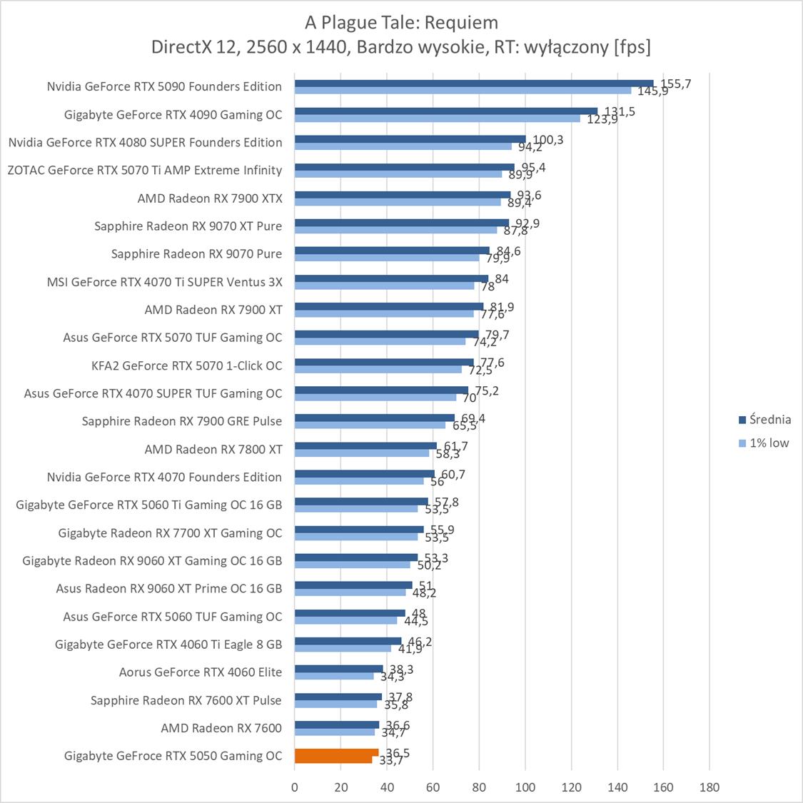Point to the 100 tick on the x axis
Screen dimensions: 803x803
[525, 787]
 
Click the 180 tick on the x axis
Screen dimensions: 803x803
[709, 787]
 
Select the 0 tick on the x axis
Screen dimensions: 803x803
[295, 787]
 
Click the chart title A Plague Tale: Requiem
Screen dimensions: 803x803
[401, 23]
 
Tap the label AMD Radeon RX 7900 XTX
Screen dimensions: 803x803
[210, 198]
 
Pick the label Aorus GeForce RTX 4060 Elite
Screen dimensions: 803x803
[201, 672]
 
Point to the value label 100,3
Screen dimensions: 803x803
[548, 140]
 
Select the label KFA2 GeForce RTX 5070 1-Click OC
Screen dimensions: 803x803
[187, 365]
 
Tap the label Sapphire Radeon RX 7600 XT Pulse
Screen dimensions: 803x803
[186, 700]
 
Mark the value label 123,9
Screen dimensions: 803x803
[602, 119]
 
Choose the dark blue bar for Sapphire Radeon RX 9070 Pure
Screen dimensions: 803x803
[392, 251]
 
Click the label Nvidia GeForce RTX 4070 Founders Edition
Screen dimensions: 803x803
[164, 477]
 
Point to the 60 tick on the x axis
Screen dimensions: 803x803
[433, 787]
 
